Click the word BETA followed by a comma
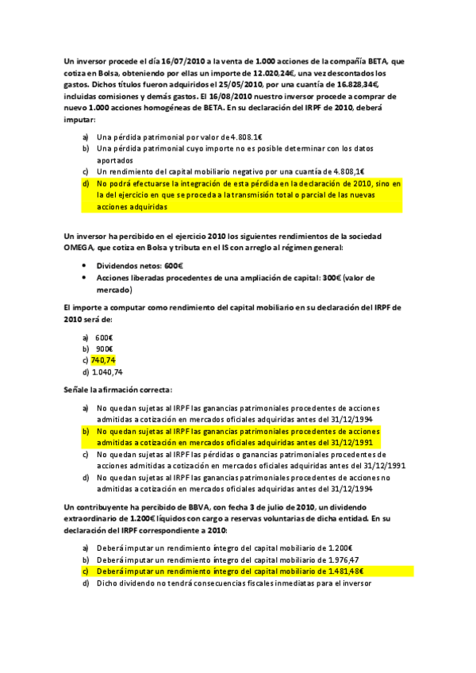393,60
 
